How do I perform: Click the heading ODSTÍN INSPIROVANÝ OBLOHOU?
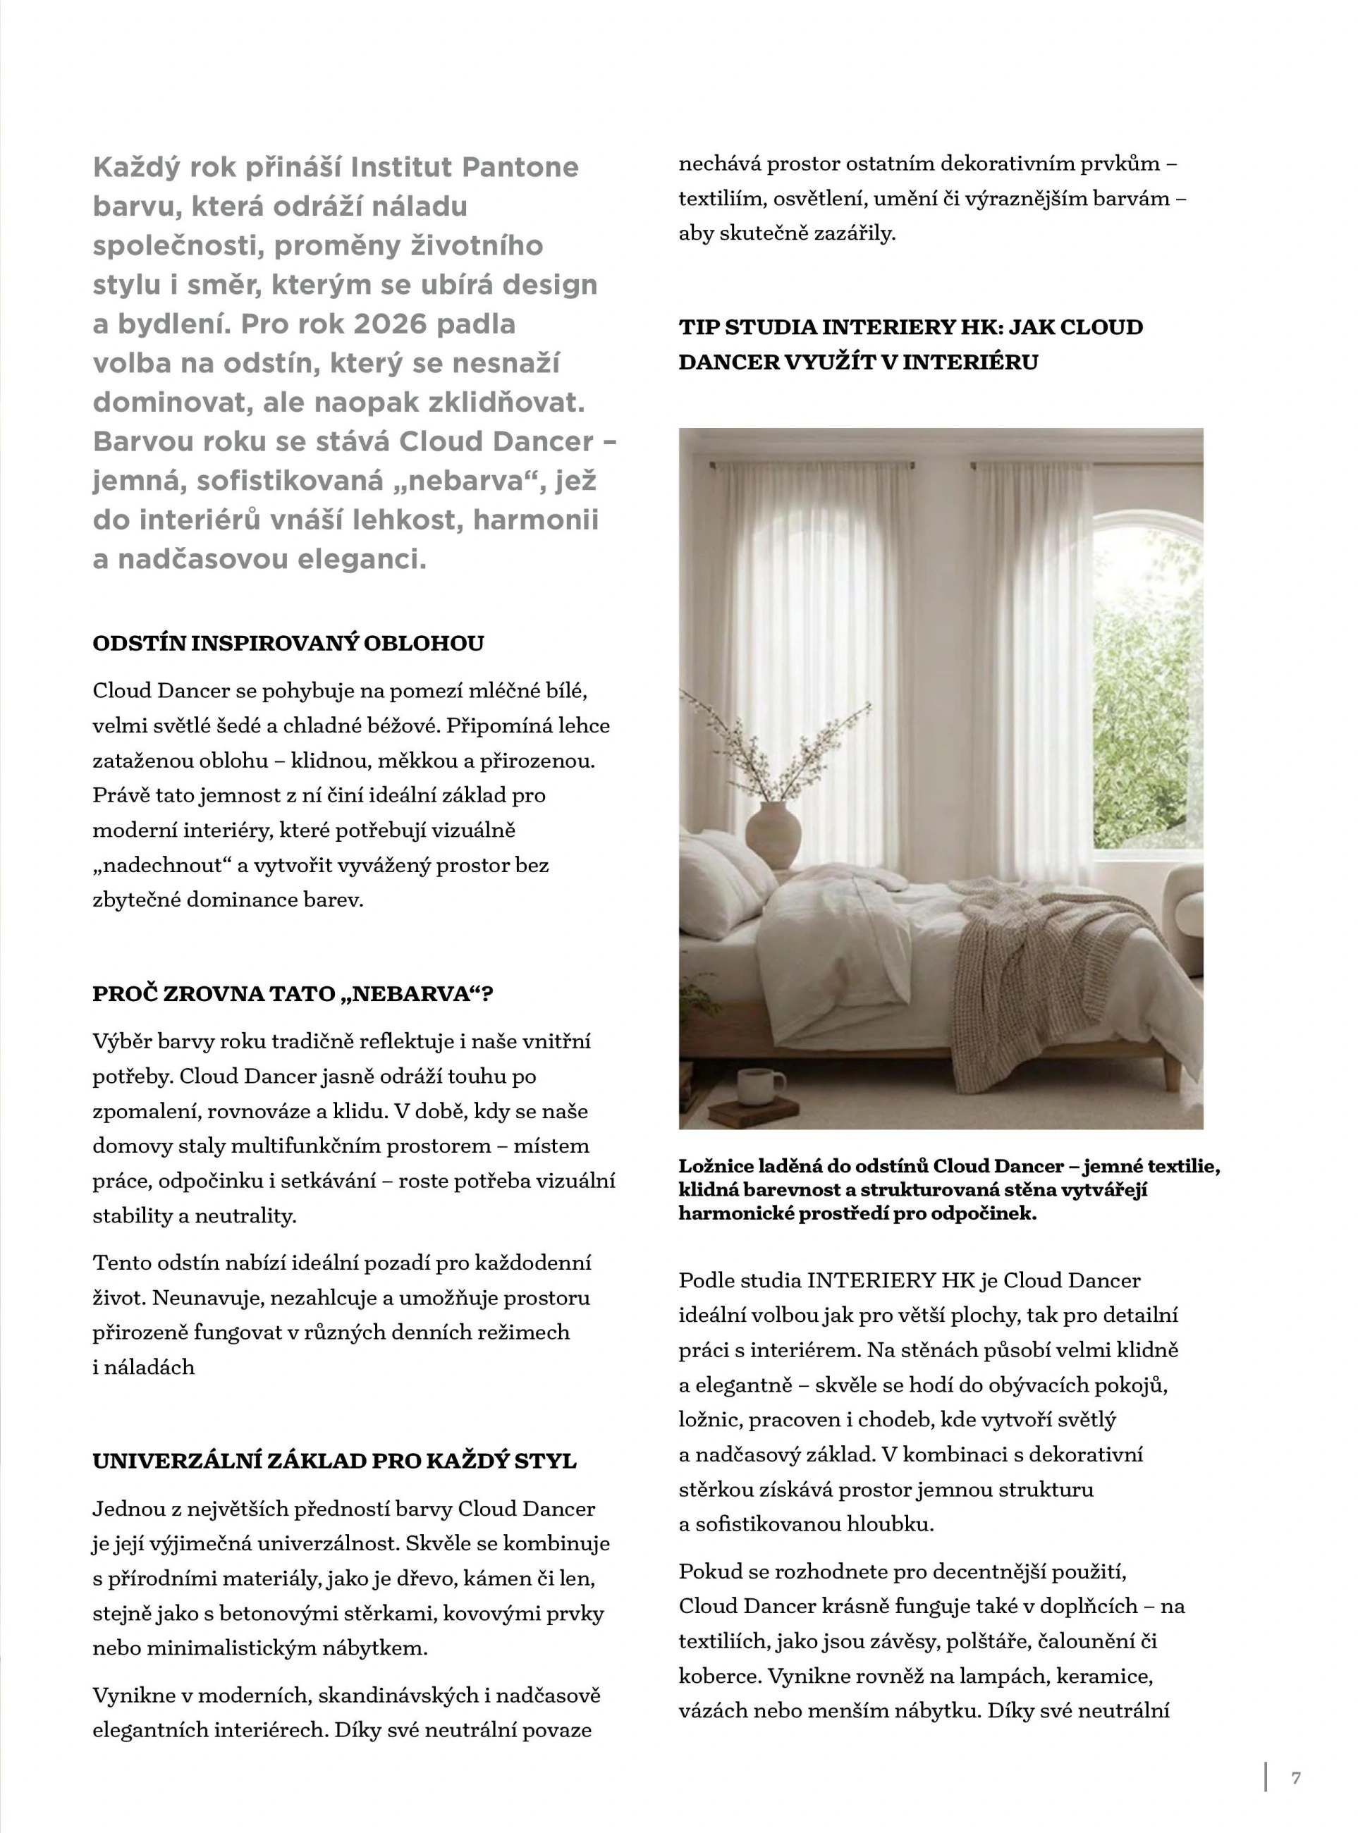point(288,643)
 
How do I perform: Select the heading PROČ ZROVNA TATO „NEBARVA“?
point(293,994)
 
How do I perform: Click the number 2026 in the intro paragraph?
point(391,324)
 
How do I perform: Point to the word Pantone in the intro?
point(520,168)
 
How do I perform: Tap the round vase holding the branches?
point(772,833)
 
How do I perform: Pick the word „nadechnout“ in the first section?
point(158,865)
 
